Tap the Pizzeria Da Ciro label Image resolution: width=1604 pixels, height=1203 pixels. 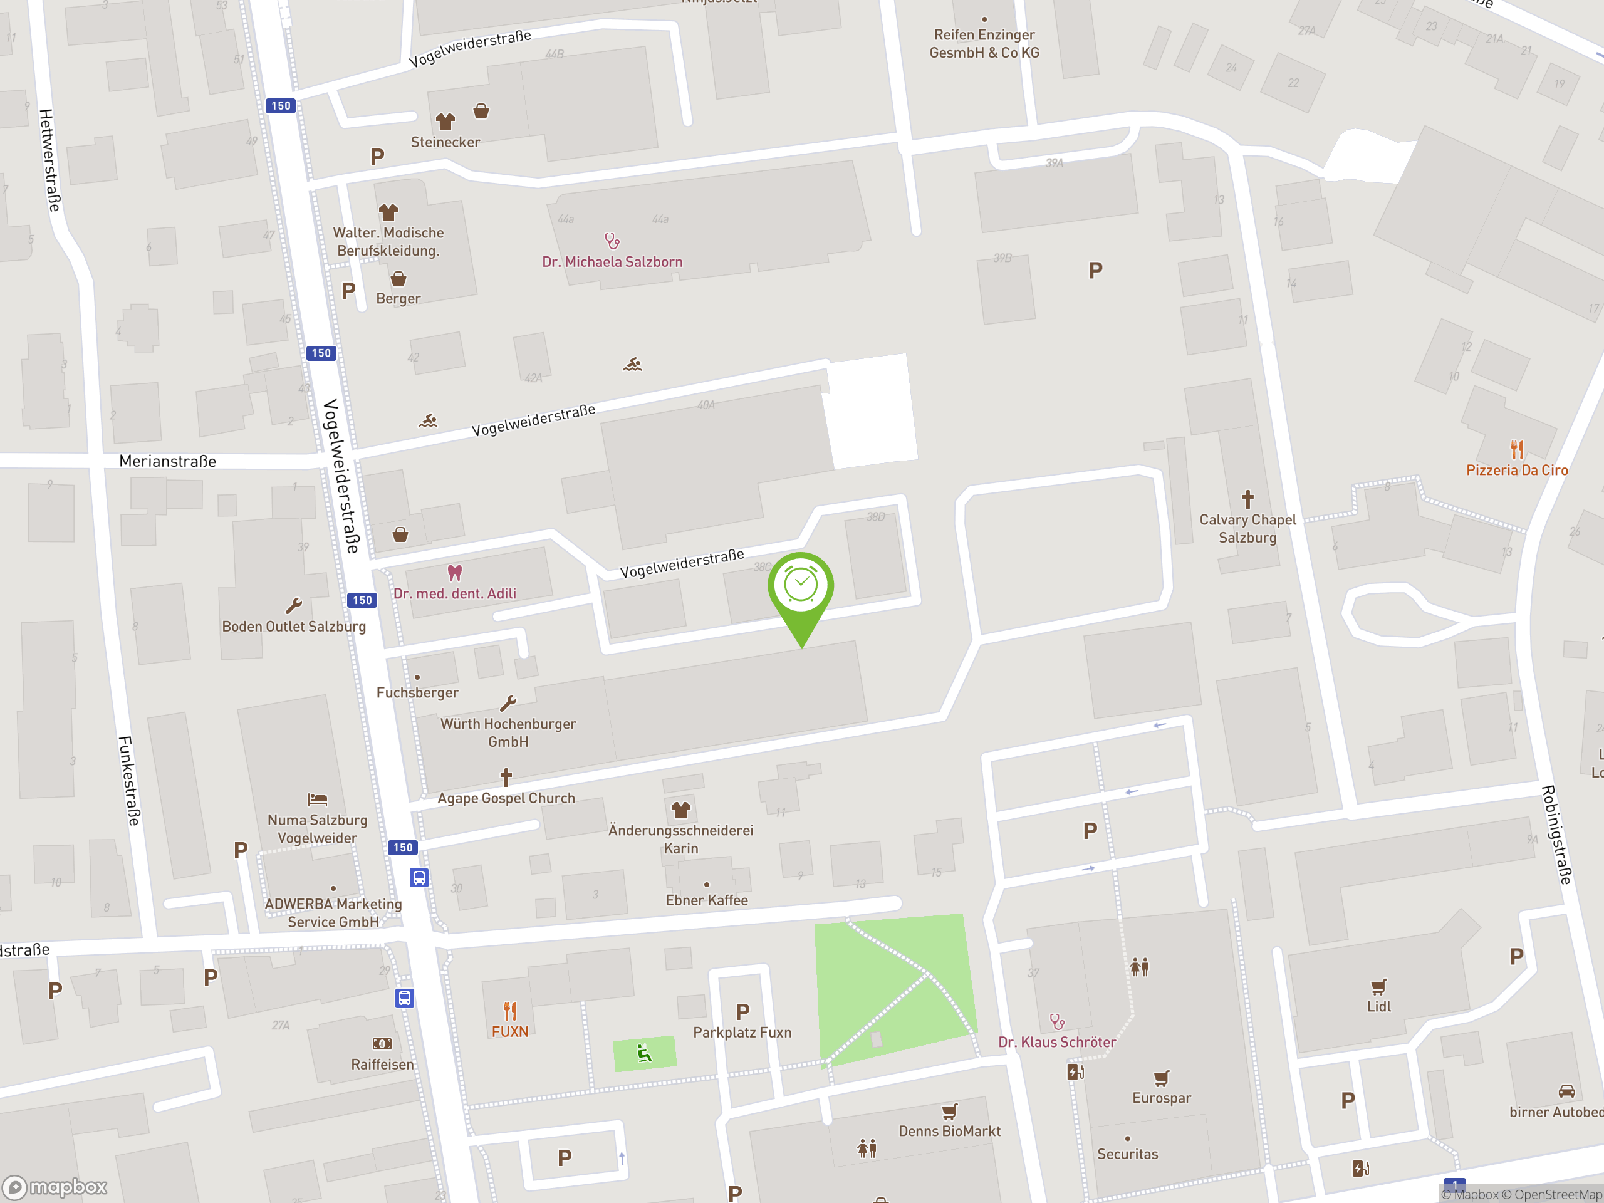tap(1516, 470)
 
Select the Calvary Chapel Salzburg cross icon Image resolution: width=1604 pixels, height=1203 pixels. tap(1247, 499)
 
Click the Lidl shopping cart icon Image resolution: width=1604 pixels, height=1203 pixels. tap(1378, 987)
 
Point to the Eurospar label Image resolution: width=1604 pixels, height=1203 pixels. tap(1161, 1098)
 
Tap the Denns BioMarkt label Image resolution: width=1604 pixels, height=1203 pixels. tap(949, 1131)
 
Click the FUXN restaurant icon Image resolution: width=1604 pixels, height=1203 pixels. tap(510, 1011)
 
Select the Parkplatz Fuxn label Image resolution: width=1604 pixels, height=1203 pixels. tap(742, 1033)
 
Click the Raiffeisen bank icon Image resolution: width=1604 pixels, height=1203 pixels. tap(382, 1043)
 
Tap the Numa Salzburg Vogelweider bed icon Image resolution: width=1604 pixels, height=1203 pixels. tap(318, 799)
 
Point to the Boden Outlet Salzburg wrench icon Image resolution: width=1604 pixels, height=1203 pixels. tap(294, 605)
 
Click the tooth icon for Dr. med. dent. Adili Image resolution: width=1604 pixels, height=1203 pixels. tap(455, 573)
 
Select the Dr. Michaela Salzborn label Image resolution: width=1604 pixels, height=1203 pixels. tap(612, 262)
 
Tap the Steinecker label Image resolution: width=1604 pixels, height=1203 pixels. tap(445, 142)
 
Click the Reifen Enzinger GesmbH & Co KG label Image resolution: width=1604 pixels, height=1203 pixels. tap(984, 43)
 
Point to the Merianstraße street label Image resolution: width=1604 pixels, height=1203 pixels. tap(167, 461)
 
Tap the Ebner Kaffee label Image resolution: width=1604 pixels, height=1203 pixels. tap(706, 900)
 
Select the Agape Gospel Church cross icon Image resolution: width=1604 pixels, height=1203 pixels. tap(506, 778)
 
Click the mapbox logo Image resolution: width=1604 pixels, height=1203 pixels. tap(55, 1187)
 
